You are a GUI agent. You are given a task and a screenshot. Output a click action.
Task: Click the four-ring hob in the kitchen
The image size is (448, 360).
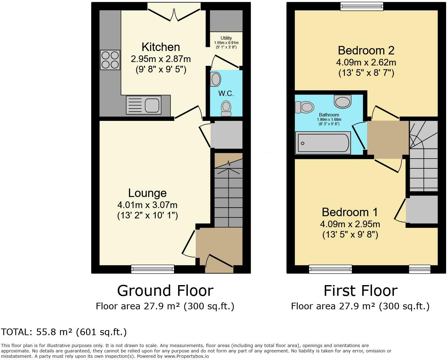[110, 60]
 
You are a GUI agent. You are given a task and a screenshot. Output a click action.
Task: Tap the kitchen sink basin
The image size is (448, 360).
[152, 105]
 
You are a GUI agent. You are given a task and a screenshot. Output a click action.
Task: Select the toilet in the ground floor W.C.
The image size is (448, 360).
[226, 108]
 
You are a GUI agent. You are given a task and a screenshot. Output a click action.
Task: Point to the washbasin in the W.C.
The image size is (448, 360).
[215, 79]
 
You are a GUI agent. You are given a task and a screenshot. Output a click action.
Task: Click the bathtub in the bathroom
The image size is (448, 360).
[323, 143]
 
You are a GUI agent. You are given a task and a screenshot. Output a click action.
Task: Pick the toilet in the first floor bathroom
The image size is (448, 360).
[305, 107]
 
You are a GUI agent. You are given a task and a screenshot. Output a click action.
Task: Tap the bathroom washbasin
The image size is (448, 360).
[343, 101]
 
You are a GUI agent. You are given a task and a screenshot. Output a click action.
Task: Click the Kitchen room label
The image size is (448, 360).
[161, 47]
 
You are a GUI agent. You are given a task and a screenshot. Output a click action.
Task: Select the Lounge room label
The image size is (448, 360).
[147, 193]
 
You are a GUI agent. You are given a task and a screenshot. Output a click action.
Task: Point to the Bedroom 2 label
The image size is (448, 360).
[366, 51]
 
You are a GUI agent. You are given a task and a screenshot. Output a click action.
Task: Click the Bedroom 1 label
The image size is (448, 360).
[350, 212]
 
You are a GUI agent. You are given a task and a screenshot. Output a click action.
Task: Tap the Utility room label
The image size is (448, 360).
[226, 38]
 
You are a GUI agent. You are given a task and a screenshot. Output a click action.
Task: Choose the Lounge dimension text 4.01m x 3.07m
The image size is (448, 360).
[147, 205]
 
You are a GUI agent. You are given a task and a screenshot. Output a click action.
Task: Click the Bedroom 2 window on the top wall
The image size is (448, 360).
[362, 7]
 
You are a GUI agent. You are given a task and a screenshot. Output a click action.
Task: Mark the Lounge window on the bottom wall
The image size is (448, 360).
[153, 269]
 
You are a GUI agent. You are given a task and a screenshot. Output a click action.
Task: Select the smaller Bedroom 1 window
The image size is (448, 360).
[420, 269]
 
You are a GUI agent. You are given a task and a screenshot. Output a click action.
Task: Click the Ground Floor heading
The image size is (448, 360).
[165, 291]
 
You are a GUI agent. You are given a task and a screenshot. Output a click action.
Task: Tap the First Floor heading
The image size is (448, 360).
[361, 291]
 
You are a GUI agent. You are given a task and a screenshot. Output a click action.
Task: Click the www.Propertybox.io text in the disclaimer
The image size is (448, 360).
[186, 356]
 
